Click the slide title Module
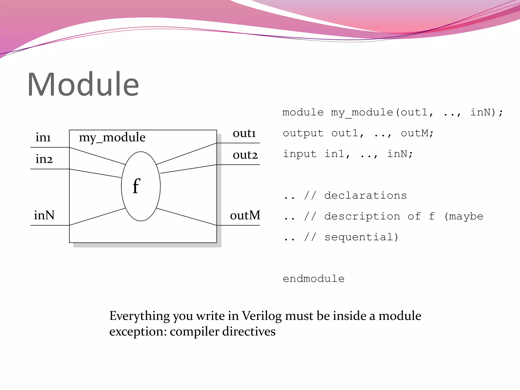[x=83, y=84]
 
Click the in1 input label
[x=43, y=137]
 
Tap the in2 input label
[x=44, y=159]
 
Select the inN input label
[x=44, y=215]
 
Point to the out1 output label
[x=244, y=133]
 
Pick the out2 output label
[x=245, y=155]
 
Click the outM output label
[x=245, y=215]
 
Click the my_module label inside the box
[x=112, y=138]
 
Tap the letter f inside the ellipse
[x=136, y=186]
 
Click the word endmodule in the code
[x=314, y=279]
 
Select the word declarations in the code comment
[x=365, y=196]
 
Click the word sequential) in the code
[x=361, y=237]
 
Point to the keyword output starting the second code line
[x=303, y=133]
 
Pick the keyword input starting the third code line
[x=300, y=154]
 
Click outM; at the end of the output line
[x=417, y=133]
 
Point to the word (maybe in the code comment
[x=464, y=216]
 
